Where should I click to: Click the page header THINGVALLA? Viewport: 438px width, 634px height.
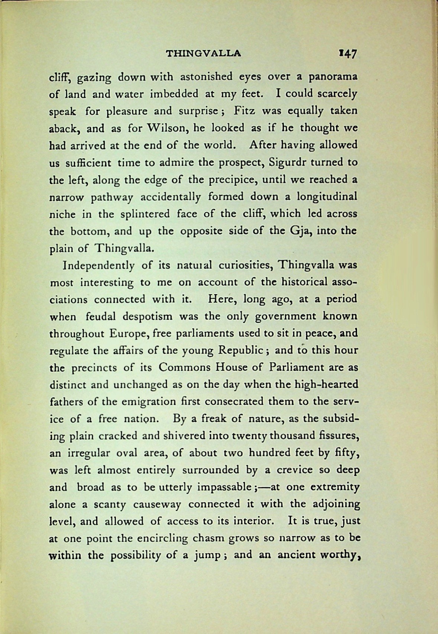pos(204,53)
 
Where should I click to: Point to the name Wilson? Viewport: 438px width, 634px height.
pos(163,128)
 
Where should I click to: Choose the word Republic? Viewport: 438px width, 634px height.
pos(241,350)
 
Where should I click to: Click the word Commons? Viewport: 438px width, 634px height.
pos(180,367)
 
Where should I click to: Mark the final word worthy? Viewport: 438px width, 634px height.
pos(343,555)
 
